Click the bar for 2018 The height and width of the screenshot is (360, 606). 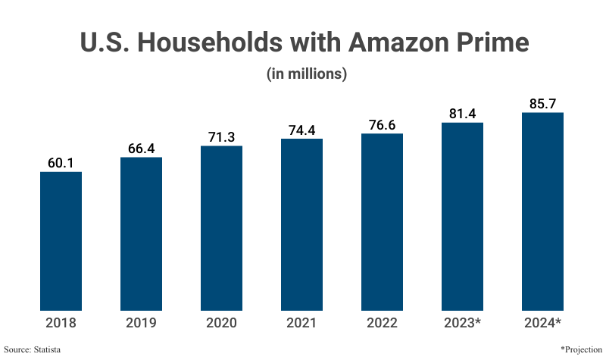coord(61,241)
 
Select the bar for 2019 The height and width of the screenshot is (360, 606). coord(141,234)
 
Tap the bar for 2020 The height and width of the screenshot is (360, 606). coord(221,228)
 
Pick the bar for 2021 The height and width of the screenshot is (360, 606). coord(301,224)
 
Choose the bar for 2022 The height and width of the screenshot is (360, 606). coord(382,222)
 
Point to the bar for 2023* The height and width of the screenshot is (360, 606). coord(462,216)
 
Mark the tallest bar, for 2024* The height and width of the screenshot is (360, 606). coord(542,211)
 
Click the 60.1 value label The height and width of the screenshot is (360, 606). coord(61,162)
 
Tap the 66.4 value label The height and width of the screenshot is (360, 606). coord(141,148)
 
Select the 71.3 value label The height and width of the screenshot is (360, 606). coord(221,136)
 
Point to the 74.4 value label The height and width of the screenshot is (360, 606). coord(301,130)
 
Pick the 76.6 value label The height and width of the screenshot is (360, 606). coord(382,124)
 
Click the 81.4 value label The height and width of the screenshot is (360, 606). coord(462,113)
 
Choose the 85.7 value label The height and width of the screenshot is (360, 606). coord(542,103)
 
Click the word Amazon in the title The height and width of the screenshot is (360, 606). coord(390,43)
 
